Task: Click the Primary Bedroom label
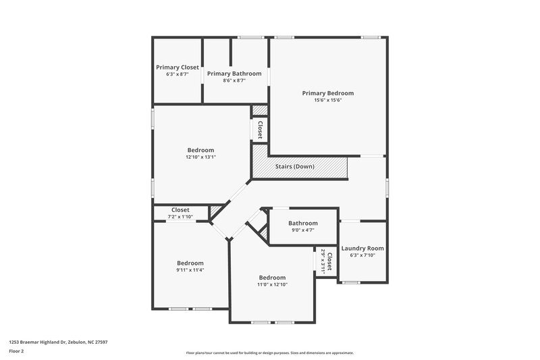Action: [327, 93]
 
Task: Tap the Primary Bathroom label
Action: [234, 73]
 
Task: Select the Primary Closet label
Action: [178, 68]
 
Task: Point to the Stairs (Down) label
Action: [294, 166]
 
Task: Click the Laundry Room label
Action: [362, 249]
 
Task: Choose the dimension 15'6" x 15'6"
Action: [327, 100]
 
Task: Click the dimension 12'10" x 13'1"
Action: [200, 157]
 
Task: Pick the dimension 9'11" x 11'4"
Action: [190, 270]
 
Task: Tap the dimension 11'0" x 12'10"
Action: [272, 284]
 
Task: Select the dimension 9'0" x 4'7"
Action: [303, 230]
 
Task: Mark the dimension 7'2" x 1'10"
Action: [180, 216]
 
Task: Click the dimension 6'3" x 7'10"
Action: [362, 255]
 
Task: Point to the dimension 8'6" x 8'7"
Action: [234, 80]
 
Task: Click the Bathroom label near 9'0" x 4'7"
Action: [303, 223]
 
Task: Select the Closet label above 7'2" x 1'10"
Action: [180, 209]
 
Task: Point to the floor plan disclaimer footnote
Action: [269, 353]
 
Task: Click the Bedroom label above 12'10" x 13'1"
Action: [200, 150]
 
